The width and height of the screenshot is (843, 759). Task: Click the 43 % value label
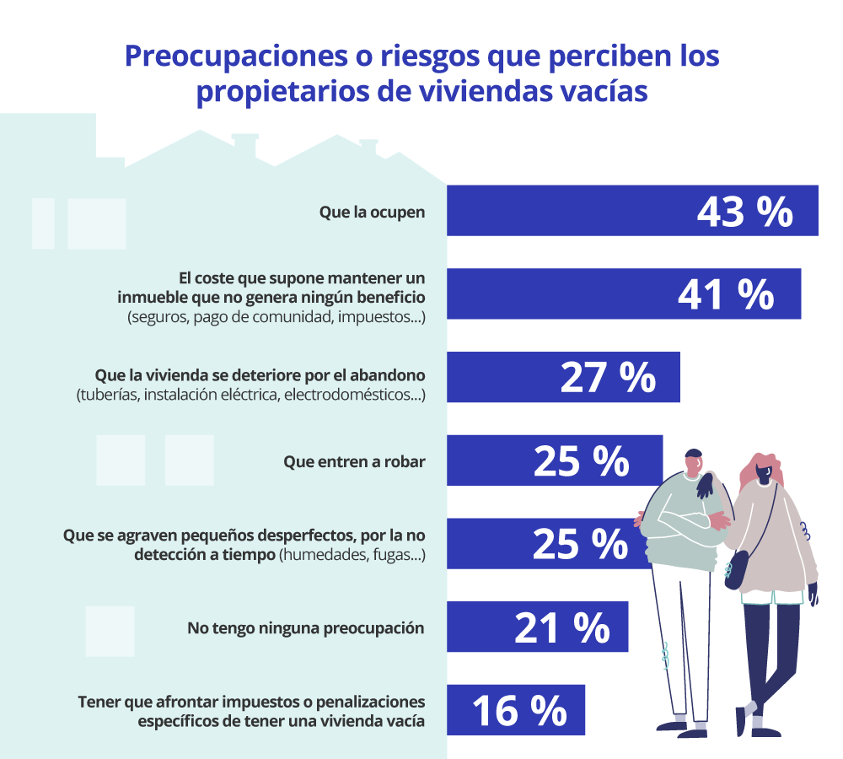point(744,212)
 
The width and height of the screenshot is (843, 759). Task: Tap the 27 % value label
point(608,379)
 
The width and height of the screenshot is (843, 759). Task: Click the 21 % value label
point(562,627)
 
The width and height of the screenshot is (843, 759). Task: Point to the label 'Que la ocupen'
point(372,212)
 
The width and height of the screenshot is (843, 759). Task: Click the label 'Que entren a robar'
point(354,461)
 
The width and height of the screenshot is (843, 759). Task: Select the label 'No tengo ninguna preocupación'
point(305,627)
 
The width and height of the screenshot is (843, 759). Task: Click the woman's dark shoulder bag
point(735,570)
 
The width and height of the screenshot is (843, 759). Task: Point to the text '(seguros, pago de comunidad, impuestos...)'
point(276,318)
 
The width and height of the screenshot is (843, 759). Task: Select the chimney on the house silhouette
point(244,145)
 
